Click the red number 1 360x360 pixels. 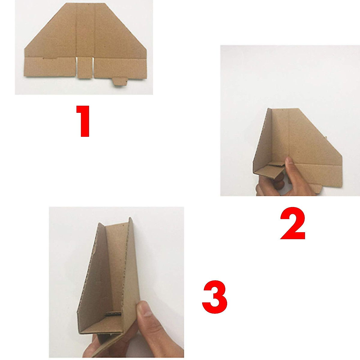[x=83, y=121]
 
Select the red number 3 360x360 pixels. [x=214, y=296]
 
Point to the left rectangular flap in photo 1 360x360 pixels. [x=49, y=67]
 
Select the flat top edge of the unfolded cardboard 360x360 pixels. [x=85, y=4]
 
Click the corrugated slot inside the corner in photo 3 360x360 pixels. [x=113, y=314]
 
